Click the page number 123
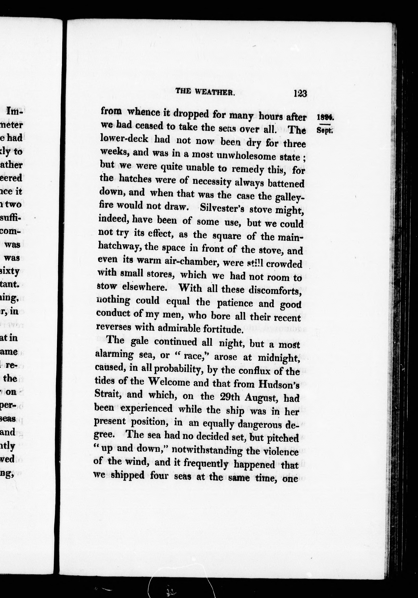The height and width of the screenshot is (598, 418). [300, 93]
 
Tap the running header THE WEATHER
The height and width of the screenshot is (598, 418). [205, 91]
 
